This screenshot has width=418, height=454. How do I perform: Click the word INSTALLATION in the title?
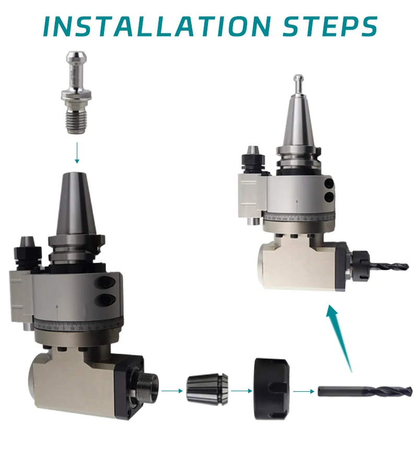point(152,26)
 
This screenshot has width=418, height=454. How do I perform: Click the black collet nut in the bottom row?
point(271,389)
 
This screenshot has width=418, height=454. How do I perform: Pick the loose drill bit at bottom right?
point(364,391)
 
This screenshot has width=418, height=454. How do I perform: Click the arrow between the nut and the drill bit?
point(303,391)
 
